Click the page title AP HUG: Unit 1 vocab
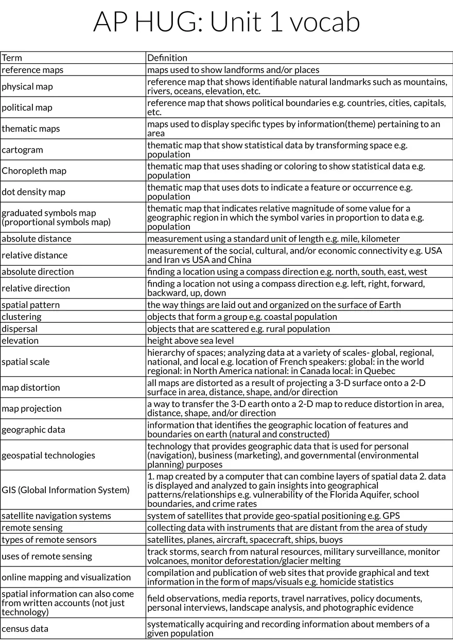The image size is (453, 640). click(226, 22)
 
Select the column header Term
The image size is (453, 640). click(12, 58)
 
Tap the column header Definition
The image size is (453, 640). click(167, 58)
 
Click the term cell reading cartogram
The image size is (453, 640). click(23, 150)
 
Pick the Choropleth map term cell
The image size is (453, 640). click(34, 171)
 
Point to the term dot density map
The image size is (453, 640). click(33, 192)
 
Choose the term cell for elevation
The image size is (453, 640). click(20, 340)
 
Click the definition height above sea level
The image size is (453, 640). click(190, 340)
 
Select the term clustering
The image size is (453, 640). click(22, 317)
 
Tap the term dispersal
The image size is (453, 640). click(20, 328)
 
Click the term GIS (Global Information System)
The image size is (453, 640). click(65, 490)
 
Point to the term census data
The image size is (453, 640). click(25, 628)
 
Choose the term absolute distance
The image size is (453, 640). click(37, 239)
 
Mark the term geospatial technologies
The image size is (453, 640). click(48, 455)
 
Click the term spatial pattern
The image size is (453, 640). click(31, 305)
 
